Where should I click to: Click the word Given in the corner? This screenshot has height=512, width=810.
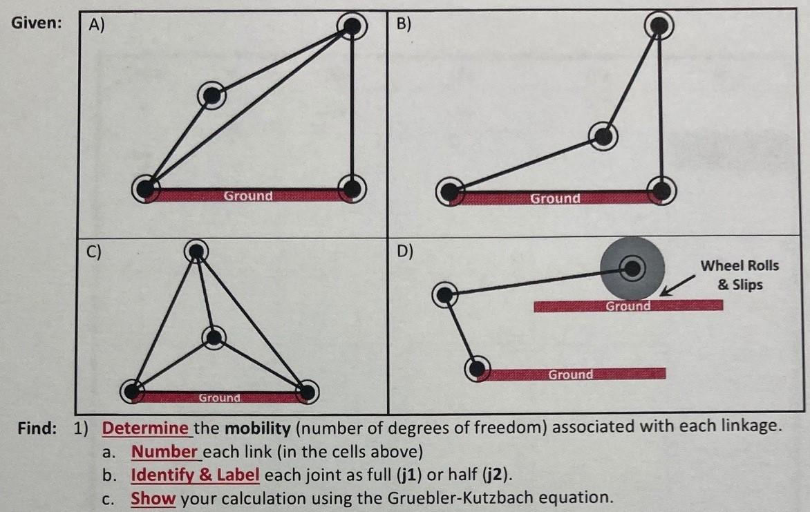coord(36,22)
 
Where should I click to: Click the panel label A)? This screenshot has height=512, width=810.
coord(95,26)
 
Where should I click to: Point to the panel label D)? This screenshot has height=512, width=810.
coord(405,251)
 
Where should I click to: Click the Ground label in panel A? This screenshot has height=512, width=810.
coord(248,196)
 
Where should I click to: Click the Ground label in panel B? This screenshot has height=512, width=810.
coord(555,198)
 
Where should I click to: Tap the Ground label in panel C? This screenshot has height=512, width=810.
coord(219,398)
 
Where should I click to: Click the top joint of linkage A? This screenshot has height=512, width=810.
coord(352,26)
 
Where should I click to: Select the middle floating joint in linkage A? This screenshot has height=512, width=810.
coord(211,95)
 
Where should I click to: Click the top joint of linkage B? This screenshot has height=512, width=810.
coord(659,26)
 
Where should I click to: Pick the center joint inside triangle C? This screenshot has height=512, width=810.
coord(214,337)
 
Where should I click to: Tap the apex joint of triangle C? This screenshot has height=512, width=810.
coord(197,252)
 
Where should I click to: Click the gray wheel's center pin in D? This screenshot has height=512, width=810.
coord(632,267)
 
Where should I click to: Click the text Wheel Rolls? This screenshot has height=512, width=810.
coord(739,266)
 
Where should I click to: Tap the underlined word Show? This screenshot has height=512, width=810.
coord(153,498)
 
